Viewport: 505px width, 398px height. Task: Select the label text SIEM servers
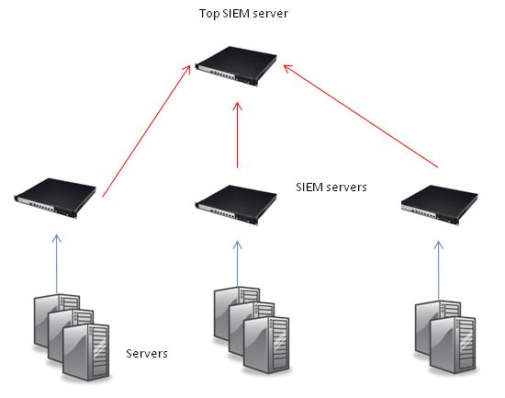pyautogui.click(x=331, y=187)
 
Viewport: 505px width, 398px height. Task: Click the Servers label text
pyautogui.click(x=147, y=353)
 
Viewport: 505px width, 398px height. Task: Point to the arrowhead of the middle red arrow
pyautogui.click(x=238, y=107)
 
